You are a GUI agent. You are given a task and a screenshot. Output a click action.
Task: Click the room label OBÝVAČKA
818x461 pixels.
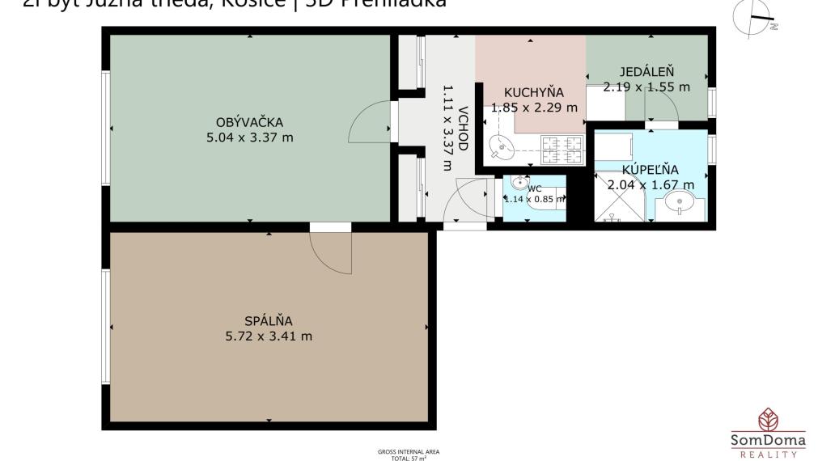(249, 122)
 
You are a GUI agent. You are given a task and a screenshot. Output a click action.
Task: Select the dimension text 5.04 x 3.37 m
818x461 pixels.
(249, 137)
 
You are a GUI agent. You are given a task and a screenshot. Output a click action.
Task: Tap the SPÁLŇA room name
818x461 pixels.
(268, 321)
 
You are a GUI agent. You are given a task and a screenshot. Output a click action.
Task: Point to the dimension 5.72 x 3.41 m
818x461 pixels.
(268, 336)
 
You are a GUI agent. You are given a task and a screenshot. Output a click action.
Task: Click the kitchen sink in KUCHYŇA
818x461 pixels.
(502, 147)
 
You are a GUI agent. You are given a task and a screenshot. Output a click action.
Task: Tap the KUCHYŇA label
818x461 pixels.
(533, 91)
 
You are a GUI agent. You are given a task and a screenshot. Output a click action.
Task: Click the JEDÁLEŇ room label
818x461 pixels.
(647, 71)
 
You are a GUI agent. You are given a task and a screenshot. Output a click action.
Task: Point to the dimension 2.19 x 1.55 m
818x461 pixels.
(647, 86)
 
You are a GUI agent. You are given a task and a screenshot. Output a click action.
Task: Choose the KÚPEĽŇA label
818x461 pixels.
(650, 169)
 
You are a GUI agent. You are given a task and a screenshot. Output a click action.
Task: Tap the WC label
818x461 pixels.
(535, 188)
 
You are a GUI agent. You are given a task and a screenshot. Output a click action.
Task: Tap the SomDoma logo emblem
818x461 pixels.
(768, 419)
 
